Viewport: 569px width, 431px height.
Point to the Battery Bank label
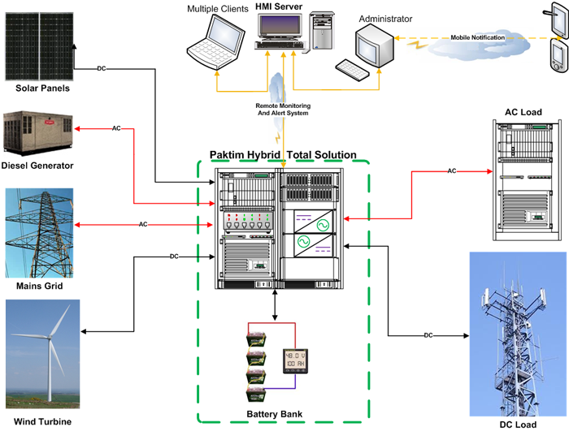point(275,415)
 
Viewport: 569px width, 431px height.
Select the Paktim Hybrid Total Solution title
point(283,154)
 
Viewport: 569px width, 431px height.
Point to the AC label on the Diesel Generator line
point(116,128)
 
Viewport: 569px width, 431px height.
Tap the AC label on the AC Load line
point(451,170)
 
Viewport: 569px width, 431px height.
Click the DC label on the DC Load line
point(428,335)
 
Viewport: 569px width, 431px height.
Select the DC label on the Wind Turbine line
point(174,256)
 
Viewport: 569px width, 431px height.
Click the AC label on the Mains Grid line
point(142,223)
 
